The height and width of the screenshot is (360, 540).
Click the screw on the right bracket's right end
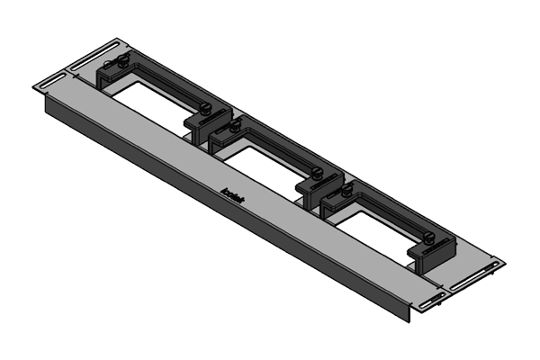click(431, 239)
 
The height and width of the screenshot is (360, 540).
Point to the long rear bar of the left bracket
click(166, 79)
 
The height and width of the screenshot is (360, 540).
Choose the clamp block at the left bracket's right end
click(200, 126)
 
